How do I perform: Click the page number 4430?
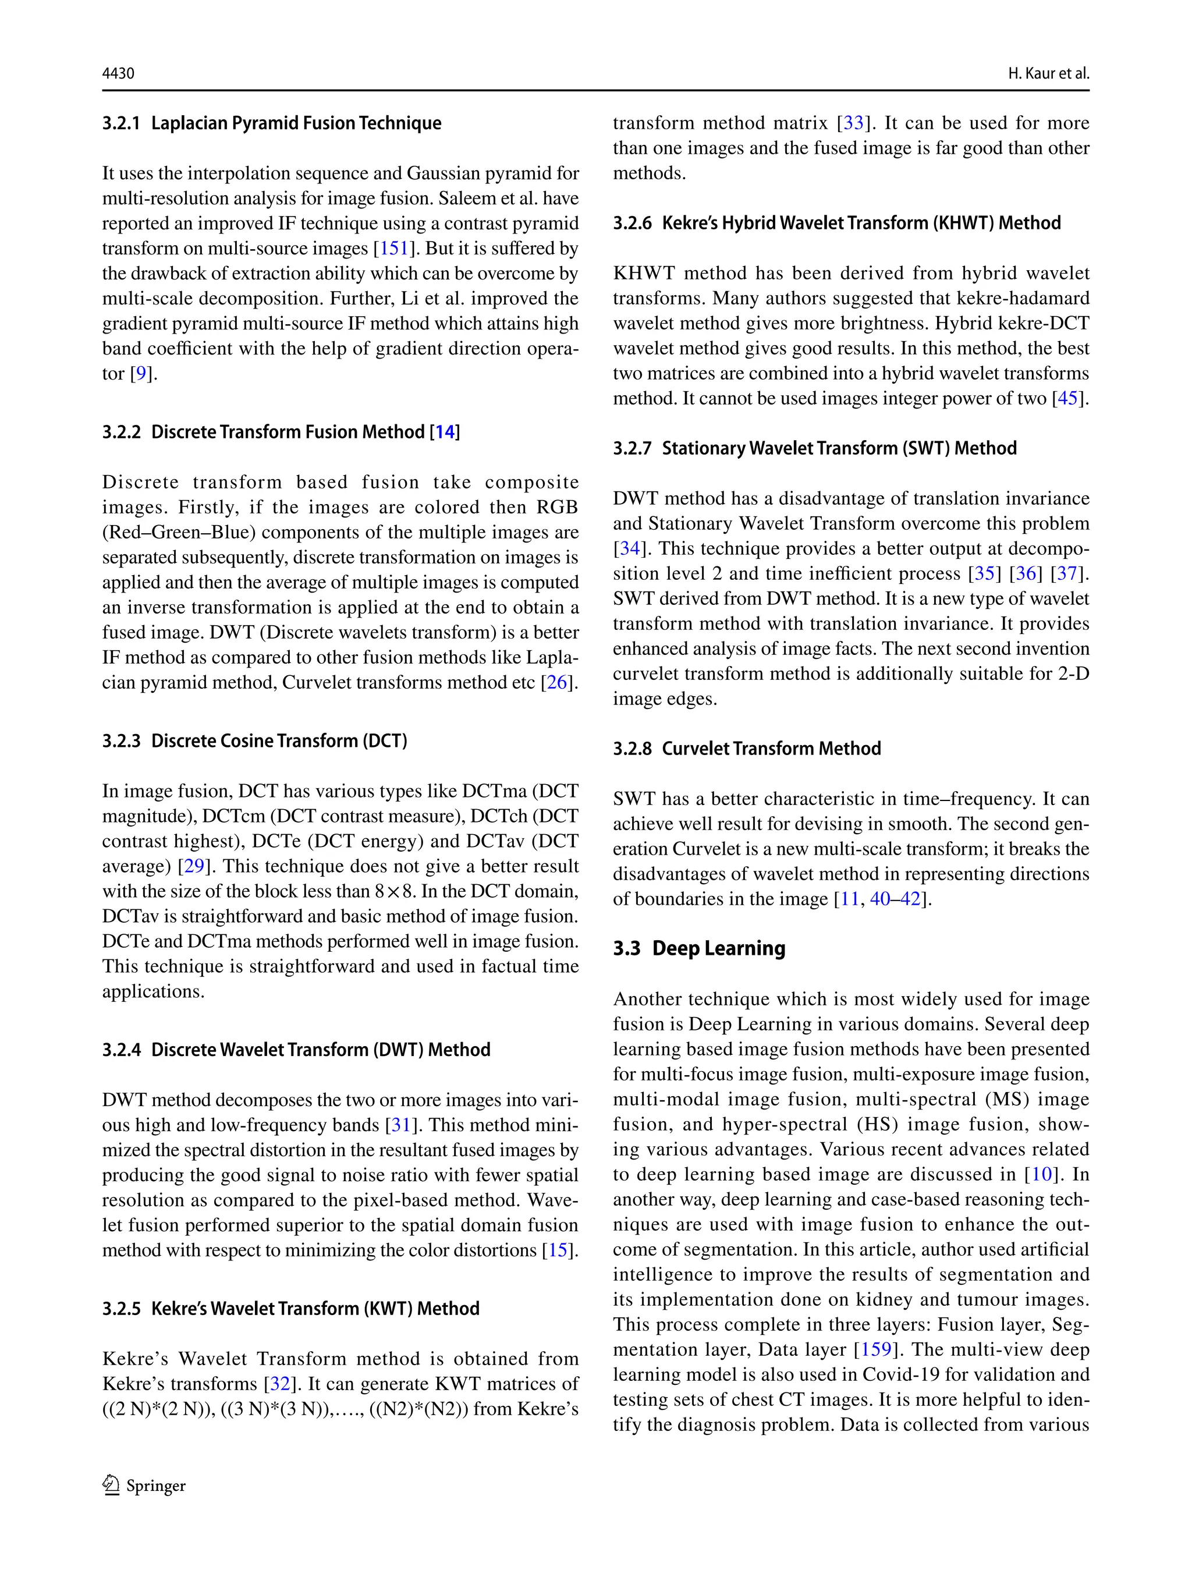coord(118,73)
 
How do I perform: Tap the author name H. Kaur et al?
coord(1048,73)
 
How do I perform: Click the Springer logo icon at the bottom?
coord(111,1485)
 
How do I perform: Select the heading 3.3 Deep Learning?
coord(699,948)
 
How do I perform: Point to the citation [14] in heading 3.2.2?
coord(445,432)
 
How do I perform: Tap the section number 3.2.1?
coord(121,123)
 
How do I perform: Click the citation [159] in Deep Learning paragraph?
coord(875,1349)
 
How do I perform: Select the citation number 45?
coord(1067,398)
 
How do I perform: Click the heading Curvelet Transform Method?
coord(771,748)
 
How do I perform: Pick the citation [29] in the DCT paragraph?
coord(194,866)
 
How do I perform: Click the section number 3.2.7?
coord(632,448)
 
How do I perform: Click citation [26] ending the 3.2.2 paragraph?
coord(557,682)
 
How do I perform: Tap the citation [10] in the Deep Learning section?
coord(1042,1174)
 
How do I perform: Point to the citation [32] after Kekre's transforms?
coord(280,1384)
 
